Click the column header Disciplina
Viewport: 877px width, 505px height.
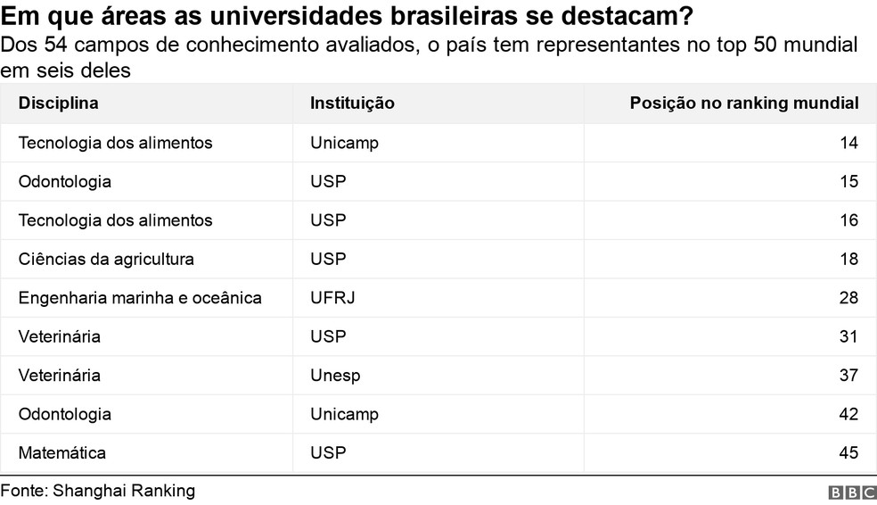point(58,103)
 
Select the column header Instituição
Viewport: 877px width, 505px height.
point(352,103)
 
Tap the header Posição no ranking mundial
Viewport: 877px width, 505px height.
point(744,103)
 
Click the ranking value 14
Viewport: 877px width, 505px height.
point(848,143)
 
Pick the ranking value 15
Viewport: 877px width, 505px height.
point(848,182)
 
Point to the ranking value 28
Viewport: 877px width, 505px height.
point(848,298)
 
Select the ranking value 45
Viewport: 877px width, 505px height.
point(848,453)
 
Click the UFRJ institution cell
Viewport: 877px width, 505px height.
point(332,298)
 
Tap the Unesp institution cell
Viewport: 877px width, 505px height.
point(335,376)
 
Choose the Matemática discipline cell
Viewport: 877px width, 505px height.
point(62,453)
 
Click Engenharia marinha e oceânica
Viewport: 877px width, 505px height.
point(140,298)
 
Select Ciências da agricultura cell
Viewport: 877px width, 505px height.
point(106,260)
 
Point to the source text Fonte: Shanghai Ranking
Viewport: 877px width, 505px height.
point(97,492)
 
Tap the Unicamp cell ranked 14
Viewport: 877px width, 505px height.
point(344,143)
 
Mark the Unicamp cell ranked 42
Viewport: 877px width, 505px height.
point(344,414)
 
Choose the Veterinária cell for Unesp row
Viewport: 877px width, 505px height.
point(60,376)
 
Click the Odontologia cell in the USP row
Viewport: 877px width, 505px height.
point(65,182)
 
